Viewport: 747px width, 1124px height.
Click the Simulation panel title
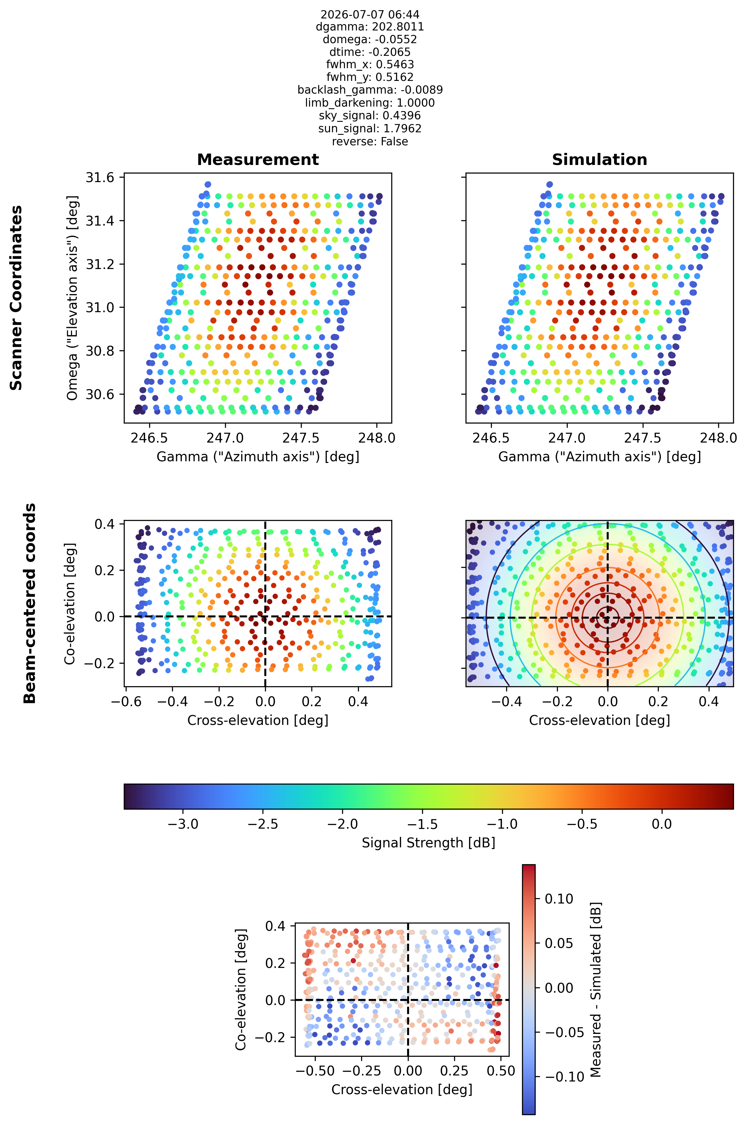(x=599, y=160)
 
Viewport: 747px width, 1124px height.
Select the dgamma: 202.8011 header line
(x=370, y=27)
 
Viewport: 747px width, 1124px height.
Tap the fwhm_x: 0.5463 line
(x=370, y=64)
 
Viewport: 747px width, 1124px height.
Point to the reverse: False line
(x=370, y=141)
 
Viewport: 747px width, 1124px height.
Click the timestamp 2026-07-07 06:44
(x=370, y=14)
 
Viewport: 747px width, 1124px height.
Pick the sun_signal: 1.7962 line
(x=370, y=128)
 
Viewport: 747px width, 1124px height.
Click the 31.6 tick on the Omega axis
(x=100, y=178)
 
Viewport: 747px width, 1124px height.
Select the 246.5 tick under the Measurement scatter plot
(x=149, y=438)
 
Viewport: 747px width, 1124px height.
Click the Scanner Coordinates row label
(x=16, y=298)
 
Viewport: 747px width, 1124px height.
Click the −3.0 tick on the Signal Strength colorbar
(x=183, y=824)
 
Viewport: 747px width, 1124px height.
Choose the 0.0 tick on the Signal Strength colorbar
(x=661, y=824)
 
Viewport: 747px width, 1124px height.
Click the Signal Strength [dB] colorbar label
(x=428, y=843)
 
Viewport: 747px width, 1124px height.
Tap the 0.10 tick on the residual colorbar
(x=559, y=899)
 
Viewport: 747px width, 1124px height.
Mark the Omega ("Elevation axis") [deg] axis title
(x=72, y=298)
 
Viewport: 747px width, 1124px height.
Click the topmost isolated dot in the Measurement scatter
(x=208, y=184)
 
